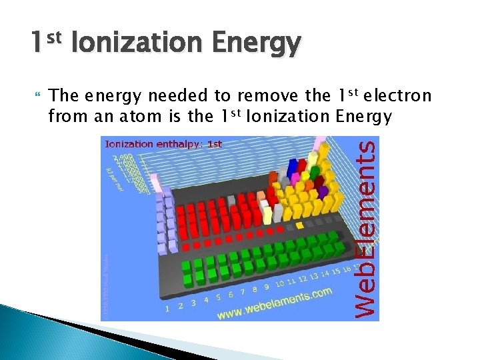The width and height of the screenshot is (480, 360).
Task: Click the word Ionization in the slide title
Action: tap(137, 44)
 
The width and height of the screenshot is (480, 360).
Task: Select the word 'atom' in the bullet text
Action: tap(160, 117)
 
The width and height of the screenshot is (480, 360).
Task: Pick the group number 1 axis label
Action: tap(167, 308)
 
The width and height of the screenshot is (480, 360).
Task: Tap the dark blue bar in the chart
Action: tap(291, 168)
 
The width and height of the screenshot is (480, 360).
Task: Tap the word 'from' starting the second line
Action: tap(64, 117)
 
